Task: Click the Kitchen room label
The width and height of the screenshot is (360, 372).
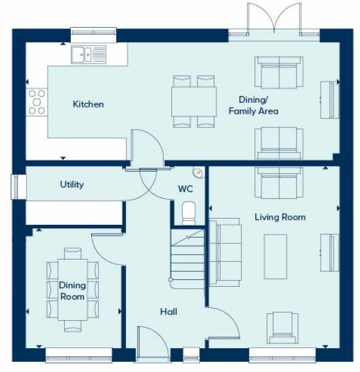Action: pyautogui.click(x=88, y=104)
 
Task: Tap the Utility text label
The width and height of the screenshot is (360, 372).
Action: pyautogui.click(x=71, y=185)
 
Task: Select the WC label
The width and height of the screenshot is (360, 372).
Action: pyautogui.click(x=186, y=189)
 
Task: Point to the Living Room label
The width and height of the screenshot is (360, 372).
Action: pyautogui.click(x=280, y=217)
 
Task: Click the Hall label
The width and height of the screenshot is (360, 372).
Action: pyautogui.click(x=169, y=311)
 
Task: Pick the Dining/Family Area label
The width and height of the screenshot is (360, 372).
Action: pyautogui.click(x=253, y=105)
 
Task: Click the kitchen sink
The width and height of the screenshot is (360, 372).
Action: pyautogui.click(x=88, y=54)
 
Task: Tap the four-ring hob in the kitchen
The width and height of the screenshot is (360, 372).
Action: pyautogui.click(x=36, y=102)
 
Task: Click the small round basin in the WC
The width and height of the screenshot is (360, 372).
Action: pyautogui.click(x=197, y=173)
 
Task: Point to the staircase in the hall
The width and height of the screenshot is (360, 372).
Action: pyautogui.click(x=186, y=258)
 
